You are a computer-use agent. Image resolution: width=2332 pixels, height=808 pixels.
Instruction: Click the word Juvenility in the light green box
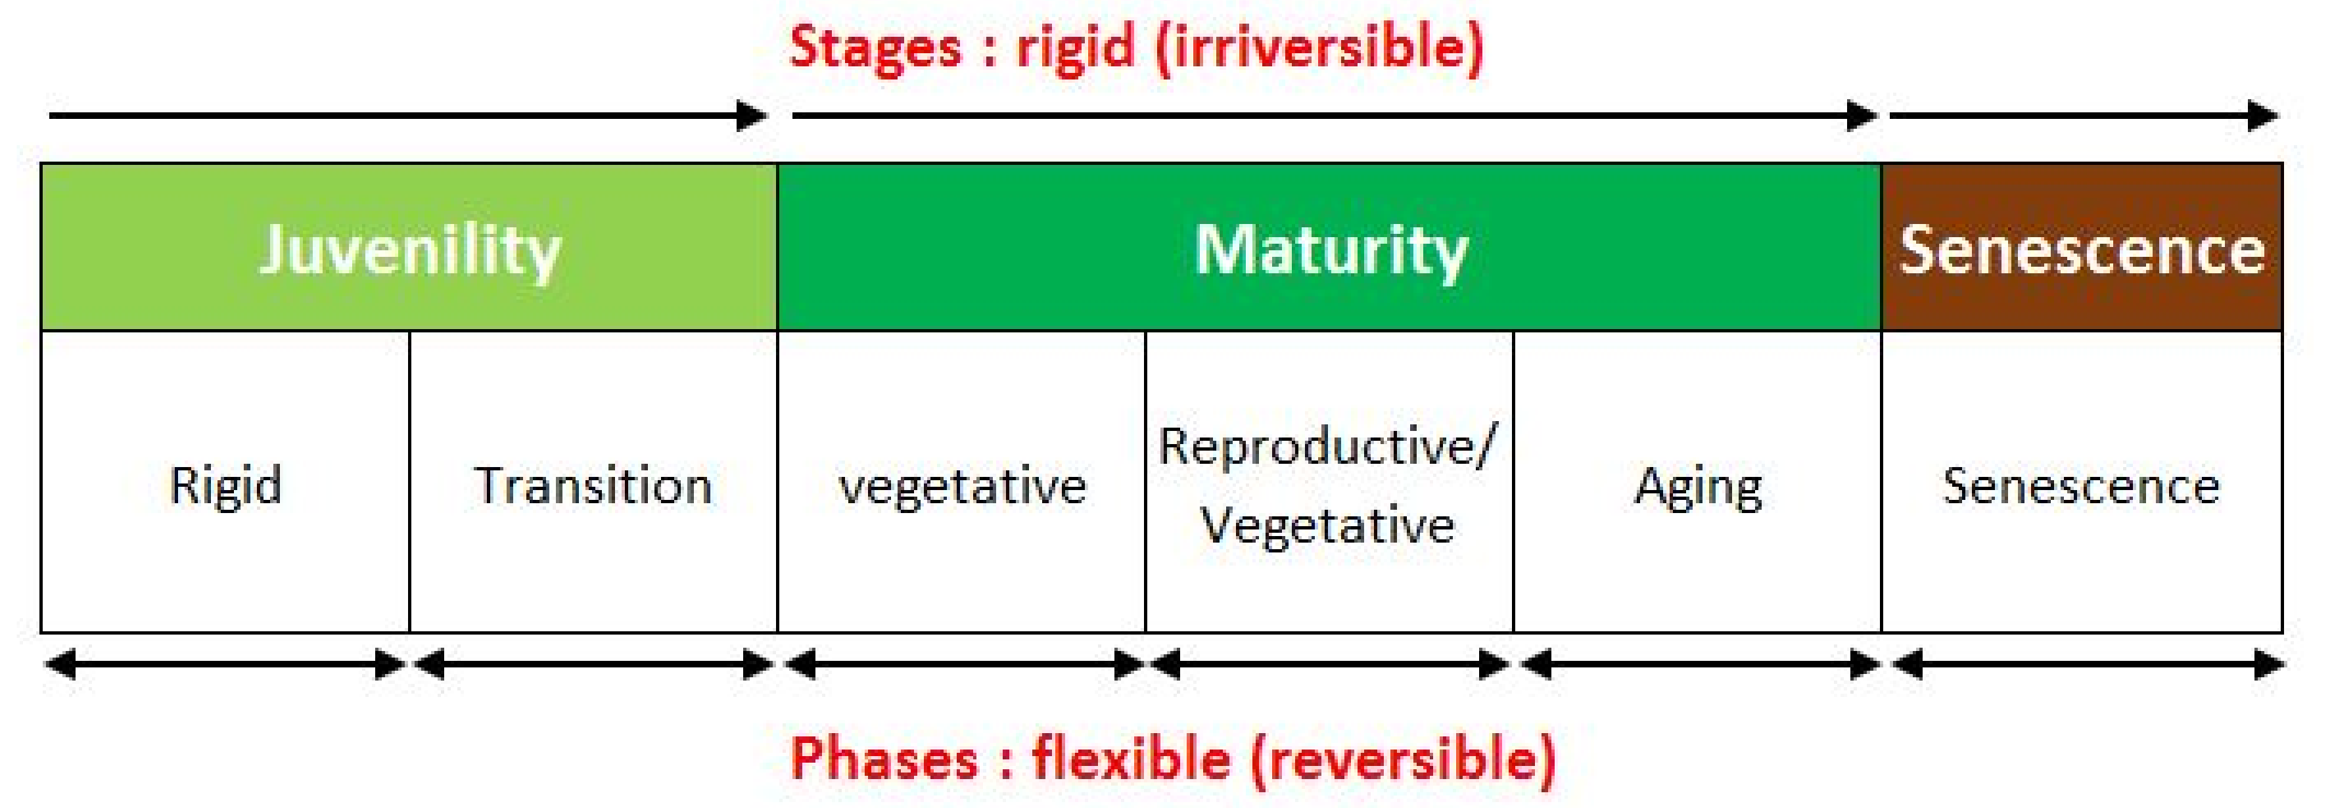pyautogui.click(x=410, y=251)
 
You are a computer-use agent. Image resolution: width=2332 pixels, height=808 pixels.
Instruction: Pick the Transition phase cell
pyautogui.click(x=593, y=486)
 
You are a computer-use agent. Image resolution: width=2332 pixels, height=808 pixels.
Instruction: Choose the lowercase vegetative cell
pyautogui.click(x=963, y=487)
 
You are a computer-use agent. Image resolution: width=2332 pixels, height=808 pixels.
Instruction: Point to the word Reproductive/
pyautogui.click(x=1327, y=446)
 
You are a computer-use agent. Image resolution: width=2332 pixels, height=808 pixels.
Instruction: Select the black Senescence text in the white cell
pyautogui.click(x=2081, y=486)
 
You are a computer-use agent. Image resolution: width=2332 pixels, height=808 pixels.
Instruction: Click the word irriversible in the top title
pyautogui.click(x=1321, y=47)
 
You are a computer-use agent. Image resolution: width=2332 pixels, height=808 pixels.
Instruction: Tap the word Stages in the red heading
pyautogui.click(x=875, y=47)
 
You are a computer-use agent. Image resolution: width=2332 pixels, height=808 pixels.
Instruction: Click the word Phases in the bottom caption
pyautogui.click(x=884, y=758)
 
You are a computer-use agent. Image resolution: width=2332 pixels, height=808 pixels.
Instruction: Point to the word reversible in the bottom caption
pyautogui.click(x=1402, y=758)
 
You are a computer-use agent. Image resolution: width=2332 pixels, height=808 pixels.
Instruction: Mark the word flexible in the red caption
pyautogui.click(x=1132, y=758)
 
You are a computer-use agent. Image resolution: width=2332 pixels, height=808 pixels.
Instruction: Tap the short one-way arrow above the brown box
pyautogui.click(x=2083, y=116)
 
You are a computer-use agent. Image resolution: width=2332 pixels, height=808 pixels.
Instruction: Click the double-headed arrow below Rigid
pyautogui.click(x=225, y=665)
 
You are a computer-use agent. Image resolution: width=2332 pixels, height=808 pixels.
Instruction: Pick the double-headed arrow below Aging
pyautogui.click(x=1699, y=665)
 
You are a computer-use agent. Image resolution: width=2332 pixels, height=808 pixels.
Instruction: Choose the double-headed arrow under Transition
pyautogui.click(x=593, y=665)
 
